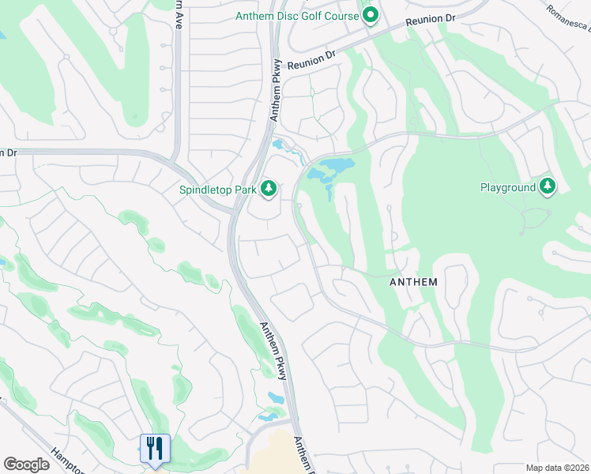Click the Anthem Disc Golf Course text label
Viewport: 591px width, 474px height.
(x=296, y=16)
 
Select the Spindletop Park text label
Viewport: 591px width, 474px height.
(x=217, y=189)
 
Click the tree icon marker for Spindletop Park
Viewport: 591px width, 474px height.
(x=269, y=188)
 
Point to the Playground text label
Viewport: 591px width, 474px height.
(x=508, y=187)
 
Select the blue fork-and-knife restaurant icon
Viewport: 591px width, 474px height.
(x=155, y=448)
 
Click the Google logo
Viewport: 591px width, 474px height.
(x=26, y=465)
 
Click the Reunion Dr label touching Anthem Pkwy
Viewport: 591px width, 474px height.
(x=312, y=60)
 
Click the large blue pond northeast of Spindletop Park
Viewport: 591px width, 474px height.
(x=332, y=167)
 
